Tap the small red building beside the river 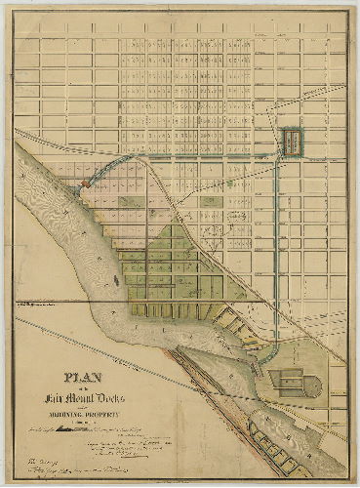(86, 182)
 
